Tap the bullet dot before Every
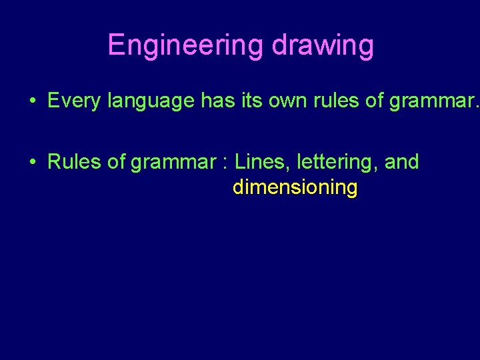coord(32,101)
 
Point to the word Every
coord(73,101)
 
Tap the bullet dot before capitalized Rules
coord(32,163)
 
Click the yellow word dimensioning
coord(295,188)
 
